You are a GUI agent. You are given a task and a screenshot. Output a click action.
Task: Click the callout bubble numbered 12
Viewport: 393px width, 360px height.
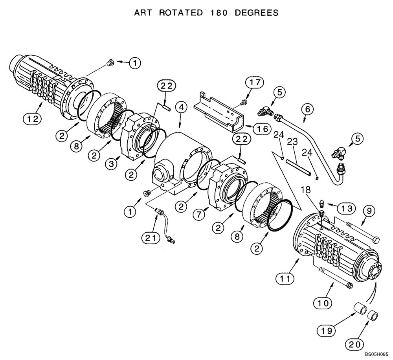coord(33,118)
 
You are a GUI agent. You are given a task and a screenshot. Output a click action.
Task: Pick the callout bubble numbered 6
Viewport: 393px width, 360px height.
coord(308,107)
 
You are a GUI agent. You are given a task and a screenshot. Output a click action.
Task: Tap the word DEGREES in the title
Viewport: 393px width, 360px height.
coord(257,13)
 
